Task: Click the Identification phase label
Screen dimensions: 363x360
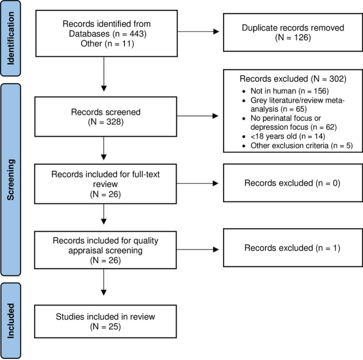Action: (x=11, y=38)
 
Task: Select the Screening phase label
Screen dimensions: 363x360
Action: (x=11, y=179)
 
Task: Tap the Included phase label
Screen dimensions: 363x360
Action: (x=11, y=321)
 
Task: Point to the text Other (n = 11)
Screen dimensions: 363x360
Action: (x=107, y=44)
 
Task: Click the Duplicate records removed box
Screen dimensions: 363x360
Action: (x=293, y=32)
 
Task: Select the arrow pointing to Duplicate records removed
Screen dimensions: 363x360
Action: (x=198, y=32)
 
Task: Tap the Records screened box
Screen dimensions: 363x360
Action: (x=106, y=117)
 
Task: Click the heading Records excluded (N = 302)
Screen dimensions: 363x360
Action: (x=293, y=79)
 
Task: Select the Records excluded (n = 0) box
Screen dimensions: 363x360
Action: (x=293, y=183)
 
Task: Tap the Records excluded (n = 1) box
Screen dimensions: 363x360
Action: (x=293, y=248)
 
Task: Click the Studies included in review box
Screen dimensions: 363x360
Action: (x=106, y=321)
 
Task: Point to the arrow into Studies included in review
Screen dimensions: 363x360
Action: (x=104, y=282)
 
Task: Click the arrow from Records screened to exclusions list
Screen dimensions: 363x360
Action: (x=198, y=116)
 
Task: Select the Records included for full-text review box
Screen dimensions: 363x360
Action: (x=106, y=184)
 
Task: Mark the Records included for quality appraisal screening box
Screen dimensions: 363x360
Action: (x=106, y=250)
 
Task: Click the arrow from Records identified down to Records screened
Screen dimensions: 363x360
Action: (x=104, y=74)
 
